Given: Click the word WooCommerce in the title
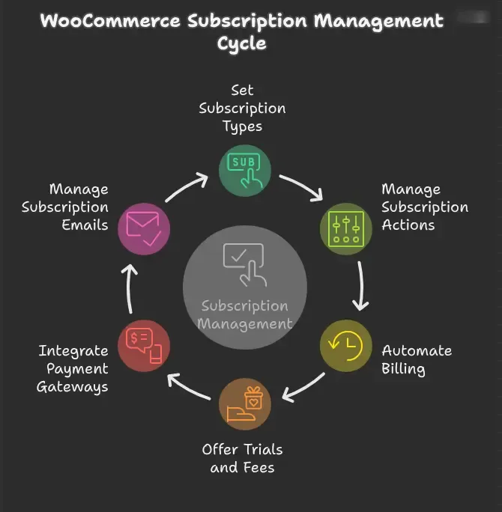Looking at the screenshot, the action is pos(110,21).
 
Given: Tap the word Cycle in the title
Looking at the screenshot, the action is pos(242,43).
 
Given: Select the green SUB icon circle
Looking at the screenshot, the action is pos(245,171).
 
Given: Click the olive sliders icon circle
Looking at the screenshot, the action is pos(345,228).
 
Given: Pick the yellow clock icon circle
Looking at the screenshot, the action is pos(345,346).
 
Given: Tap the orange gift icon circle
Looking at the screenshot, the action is pos(245,404).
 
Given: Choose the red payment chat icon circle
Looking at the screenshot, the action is pos(144,346).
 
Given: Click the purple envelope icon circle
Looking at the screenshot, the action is pos(144,228).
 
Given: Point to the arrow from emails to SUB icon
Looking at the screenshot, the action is pos(185,187).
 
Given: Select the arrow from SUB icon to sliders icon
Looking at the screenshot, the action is pos(302,186).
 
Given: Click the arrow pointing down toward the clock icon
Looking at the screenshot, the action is pos(361,286).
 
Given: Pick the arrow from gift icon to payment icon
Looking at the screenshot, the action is pos(188,387).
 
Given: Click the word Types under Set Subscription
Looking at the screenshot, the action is pos(243,127).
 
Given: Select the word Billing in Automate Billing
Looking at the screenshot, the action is pos(403,369).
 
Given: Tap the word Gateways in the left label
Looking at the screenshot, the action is pos(72,387).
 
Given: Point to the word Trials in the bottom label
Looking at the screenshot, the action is pos(263,450).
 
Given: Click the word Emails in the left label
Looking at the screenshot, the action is pos(85,225).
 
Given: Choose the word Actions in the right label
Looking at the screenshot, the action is pos(408,225).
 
